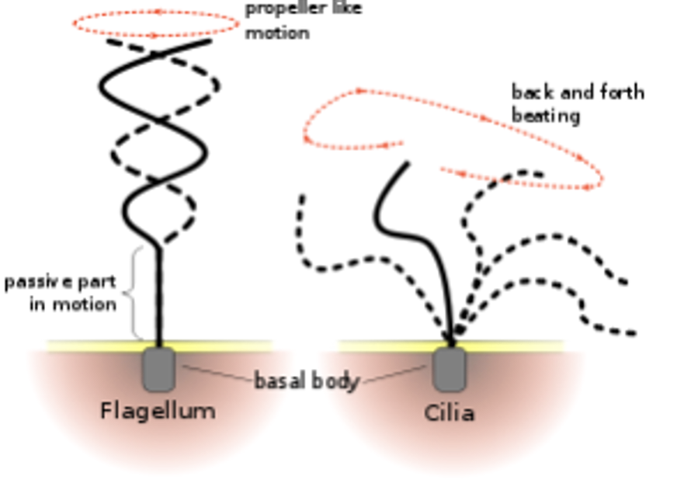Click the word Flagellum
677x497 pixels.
coord(158,410)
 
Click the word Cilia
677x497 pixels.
coord(449,412)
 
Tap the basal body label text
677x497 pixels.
coord(307,381)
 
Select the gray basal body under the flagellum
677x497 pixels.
coord(158,369)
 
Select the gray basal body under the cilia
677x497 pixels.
coord(450,369)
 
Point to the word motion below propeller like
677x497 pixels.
coord(277,33)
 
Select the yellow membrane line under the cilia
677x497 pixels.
coord(512,345)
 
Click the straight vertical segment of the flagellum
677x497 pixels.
coord(159,295)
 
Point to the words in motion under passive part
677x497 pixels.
coord(73,304)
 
